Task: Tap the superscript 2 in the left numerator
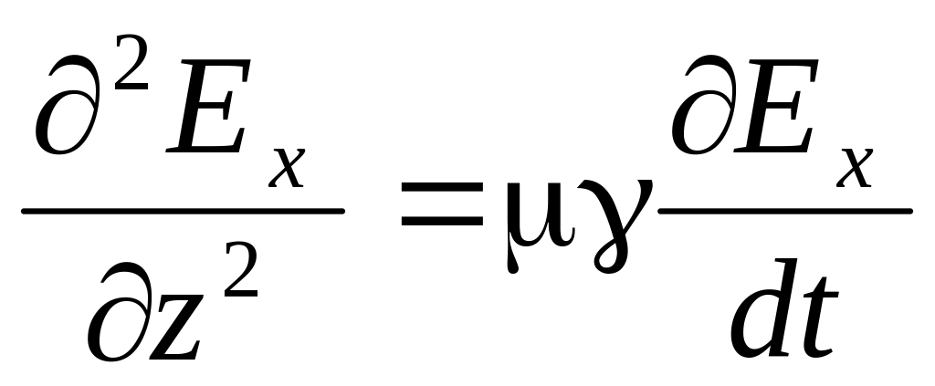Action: click(131, 63)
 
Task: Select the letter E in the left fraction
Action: click(207, 106)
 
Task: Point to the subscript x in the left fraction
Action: click(286, 168)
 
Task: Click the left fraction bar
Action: click(183, 211)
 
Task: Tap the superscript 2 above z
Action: click(241, 269)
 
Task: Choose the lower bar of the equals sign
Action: click(442, 221)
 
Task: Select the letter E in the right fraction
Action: click(775, 106)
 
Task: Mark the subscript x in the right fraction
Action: click(854, 168)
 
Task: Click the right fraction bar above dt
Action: click(785, 211)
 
